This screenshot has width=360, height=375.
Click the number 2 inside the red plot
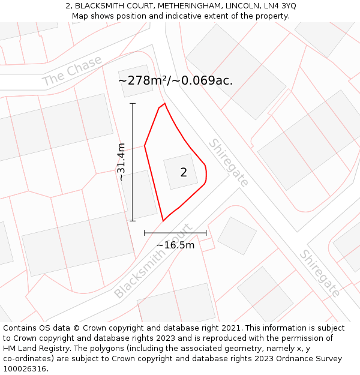[184, 173]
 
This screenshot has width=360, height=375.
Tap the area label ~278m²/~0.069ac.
[175, 80]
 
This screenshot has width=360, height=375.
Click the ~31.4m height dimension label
[122, 162]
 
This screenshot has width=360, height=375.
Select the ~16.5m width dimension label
[175, 245]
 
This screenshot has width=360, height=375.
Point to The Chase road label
[72, 71]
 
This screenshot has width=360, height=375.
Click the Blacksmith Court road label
[153, 262]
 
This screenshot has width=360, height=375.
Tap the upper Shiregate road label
[229, 162]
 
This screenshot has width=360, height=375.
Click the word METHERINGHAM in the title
[183, 6]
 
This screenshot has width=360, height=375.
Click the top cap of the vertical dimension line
[133, 104]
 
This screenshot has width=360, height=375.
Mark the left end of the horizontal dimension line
[145, 233]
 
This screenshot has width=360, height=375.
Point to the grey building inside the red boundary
[180, 172]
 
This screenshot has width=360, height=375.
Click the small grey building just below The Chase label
[135, 81]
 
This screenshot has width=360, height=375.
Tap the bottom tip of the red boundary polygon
[163, 221]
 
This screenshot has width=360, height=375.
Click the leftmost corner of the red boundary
[145, 145]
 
